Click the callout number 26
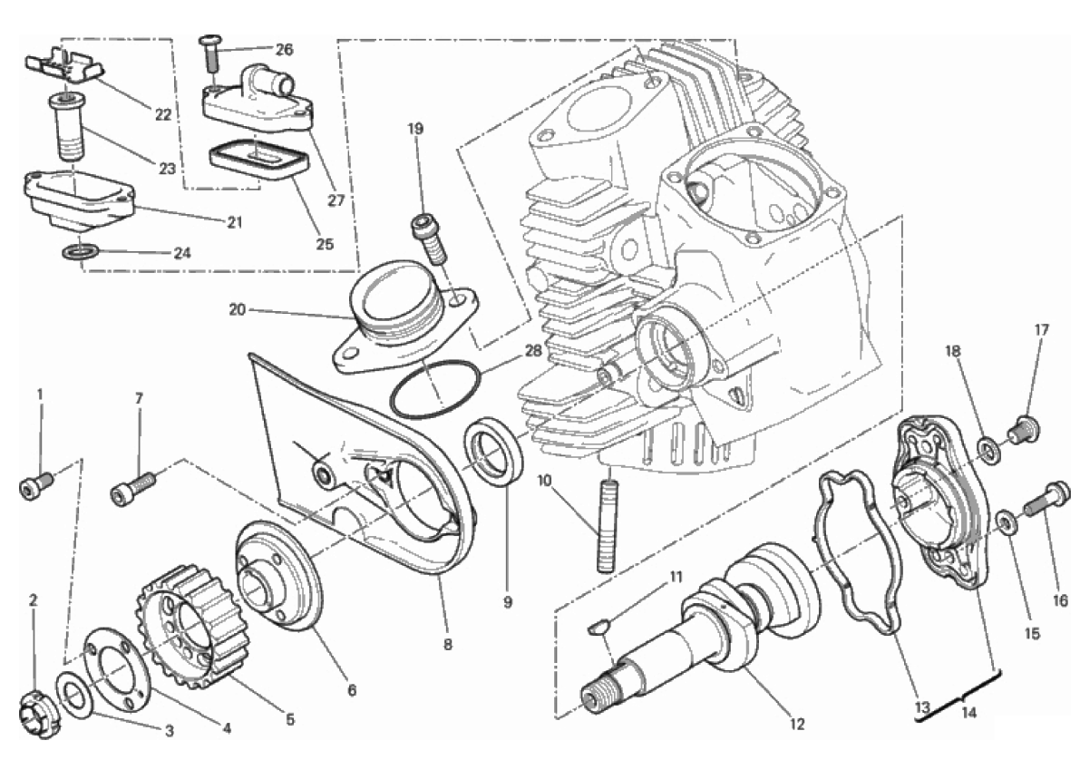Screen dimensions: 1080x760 284,50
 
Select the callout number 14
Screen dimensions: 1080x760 968,713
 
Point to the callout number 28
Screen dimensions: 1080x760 533,351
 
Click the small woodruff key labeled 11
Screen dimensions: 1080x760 597,627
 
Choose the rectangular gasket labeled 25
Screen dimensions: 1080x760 258,161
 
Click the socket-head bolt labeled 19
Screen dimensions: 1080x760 429,239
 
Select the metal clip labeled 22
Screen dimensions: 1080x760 65,65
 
